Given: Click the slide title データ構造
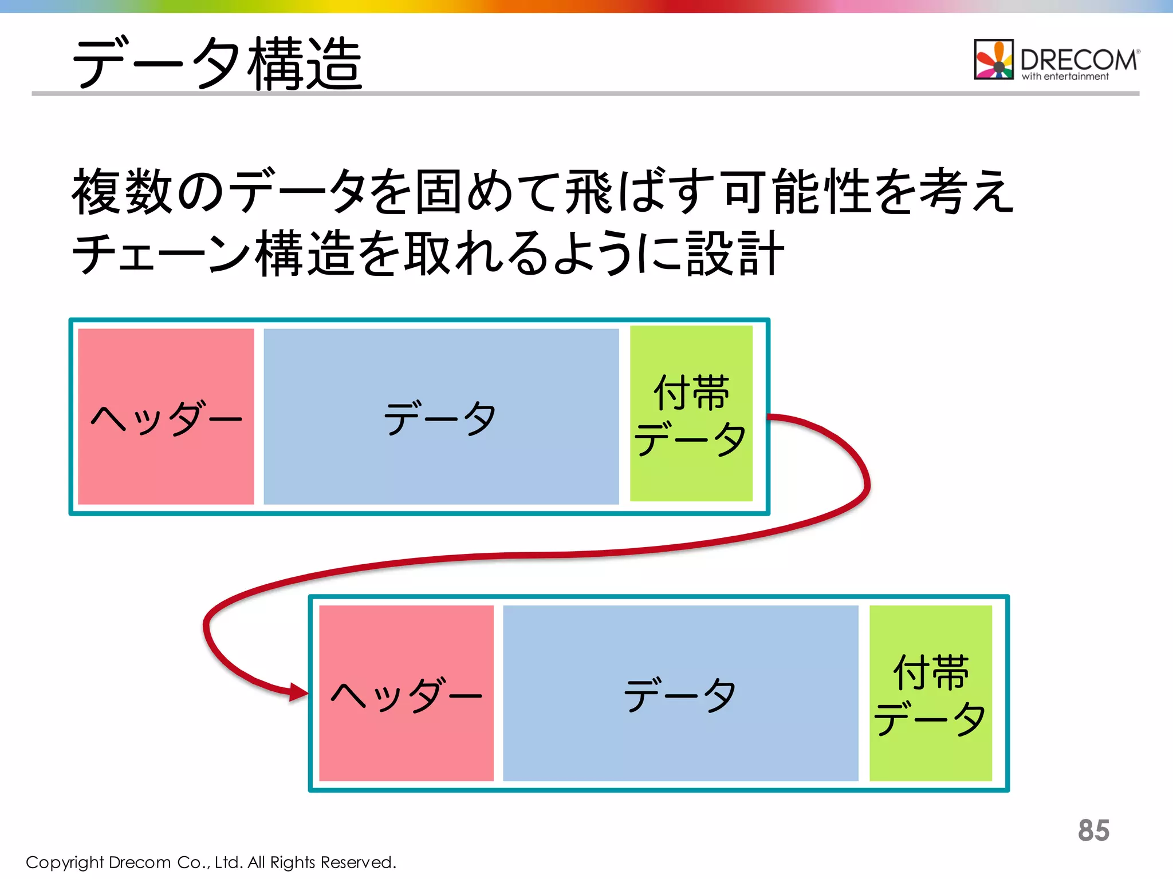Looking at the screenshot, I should [x=218, y=63].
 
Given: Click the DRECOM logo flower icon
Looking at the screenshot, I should [x=994, y=60].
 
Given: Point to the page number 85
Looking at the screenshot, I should [x=1093, y=830].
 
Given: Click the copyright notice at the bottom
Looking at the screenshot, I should [x=211, y=862].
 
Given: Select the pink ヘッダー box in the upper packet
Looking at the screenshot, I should [x=166, y=417].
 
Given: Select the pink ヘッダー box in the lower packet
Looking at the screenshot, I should [x=406, y=693].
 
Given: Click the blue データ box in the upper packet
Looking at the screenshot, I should [x=441, y=417].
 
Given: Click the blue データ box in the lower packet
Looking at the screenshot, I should [x=680, y=693].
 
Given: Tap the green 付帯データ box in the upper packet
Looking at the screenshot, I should [x=691, y=414].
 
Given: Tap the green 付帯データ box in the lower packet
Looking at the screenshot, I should [x=930, y=693].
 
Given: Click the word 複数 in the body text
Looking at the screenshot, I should [x=122, y=192].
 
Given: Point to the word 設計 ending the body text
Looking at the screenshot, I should [x=735, y=254].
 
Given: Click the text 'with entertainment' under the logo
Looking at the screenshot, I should [x=1065, y=77].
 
